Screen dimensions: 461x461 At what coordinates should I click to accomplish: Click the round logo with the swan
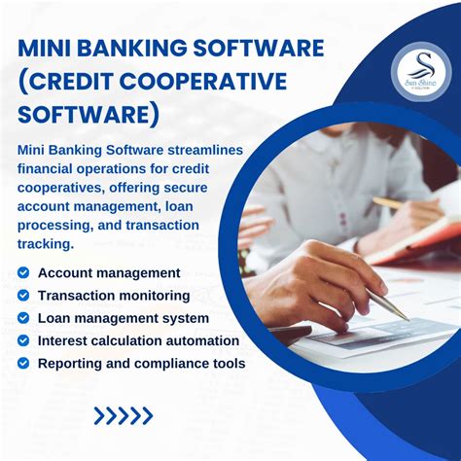[420, 69]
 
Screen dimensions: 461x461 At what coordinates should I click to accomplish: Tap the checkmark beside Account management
[24, 273]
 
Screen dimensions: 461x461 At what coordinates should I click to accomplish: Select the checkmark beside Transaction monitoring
[24, 296]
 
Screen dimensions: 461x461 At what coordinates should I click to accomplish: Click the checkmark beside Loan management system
[24, 318]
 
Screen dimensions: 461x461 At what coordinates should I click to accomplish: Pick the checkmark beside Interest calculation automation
[24, 341]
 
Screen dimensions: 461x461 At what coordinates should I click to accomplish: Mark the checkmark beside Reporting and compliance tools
[24, 364]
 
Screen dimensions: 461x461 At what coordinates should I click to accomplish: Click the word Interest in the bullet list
[66, 341]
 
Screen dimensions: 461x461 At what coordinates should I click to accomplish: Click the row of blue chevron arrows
[123, 415]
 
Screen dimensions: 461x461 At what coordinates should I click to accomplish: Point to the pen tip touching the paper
[404, 316]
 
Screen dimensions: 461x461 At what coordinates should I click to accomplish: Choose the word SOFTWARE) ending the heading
[89, 115]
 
